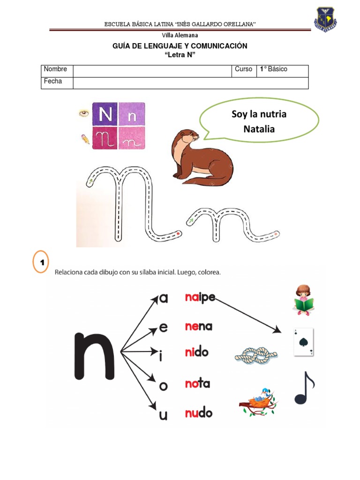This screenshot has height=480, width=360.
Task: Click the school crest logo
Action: point(325,19)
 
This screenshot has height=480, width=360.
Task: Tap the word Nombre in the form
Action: point(55,69)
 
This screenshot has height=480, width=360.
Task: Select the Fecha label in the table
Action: point(52,81)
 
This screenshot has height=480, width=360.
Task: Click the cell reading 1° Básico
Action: point(273,69)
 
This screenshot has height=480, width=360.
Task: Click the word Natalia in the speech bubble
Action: point(259,129)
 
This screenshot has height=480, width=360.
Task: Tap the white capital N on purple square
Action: point(105,114)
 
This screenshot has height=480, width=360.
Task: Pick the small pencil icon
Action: point(85,139)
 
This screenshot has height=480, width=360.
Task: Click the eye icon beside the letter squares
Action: point(84,113)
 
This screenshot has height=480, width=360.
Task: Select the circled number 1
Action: point(41,262)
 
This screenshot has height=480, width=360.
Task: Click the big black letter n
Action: point(94,356)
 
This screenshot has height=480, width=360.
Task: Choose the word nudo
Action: point(198,413)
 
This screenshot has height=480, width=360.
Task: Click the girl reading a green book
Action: point(303,300)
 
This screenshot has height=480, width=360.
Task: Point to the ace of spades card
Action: point(304,342)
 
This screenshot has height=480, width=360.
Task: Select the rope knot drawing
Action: point(256,355)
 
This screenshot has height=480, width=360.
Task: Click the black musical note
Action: point(304,388)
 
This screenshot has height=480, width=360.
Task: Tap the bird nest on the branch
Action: point(258,402)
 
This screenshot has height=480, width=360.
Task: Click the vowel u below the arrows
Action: point(164,415)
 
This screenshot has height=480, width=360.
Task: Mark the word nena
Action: point(198,326)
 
